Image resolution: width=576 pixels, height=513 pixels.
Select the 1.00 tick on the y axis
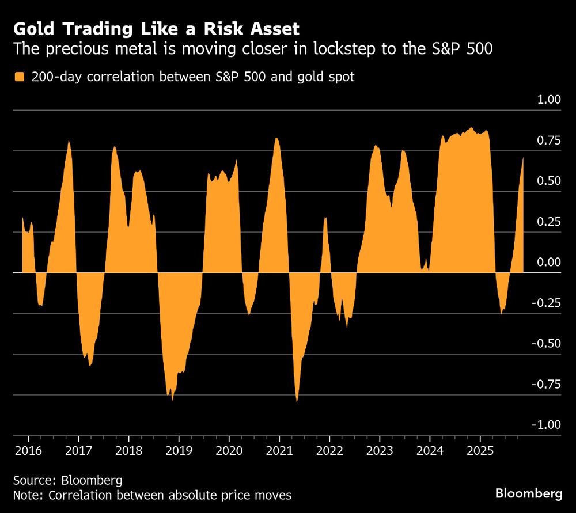[x=549, y=100]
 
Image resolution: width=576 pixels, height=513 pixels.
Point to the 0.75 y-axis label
[x=549, y=140]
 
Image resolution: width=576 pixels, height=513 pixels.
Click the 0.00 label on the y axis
[x=549, y=263]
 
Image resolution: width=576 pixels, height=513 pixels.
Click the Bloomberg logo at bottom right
[x=529, y=493]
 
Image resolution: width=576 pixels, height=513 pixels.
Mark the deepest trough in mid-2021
[x=297, y=401]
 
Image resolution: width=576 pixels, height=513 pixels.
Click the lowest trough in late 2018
[x=172, y=399]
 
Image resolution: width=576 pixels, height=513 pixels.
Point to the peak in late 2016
[x=69, y=142]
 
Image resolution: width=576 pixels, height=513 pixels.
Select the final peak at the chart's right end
[x=523, y=158]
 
